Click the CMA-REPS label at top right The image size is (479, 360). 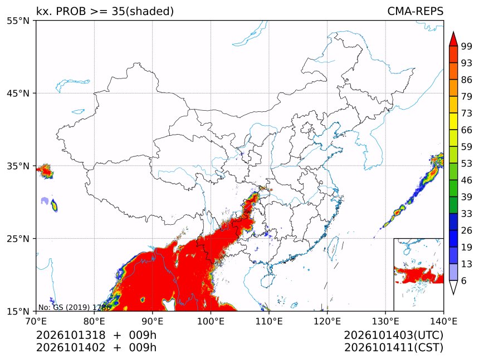pos(415,11)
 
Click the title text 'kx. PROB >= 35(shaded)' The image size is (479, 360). pos(105,12)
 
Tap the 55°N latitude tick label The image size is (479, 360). pos(18,21)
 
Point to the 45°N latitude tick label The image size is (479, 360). pos(18,93)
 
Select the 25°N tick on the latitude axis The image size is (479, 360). pos(18,238)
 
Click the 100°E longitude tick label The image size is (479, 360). pos(211,322)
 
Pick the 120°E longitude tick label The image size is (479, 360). pos(327,322)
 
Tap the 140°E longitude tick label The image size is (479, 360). pos(443,322)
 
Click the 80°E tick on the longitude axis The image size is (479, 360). pos(94,322)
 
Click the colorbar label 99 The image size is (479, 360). pos(467,47)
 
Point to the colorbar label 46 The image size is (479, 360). pos(467,180)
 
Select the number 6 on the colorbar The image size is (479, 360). pos(464,280)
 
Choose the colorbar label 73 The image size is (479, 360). pos(467,114)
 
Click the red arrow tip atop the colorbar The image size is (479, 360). pos(453,32)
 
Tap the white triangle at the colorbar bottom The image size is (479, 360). pos(453,288)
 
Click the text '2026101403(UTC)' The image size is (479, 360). pos(393,336)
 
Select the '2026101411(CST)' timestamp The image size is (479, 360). pos(393,348)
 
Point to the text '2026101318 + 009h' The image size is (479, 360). pos(96,336)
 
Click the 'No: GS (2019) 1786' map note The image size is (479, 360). pos(75,307)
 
